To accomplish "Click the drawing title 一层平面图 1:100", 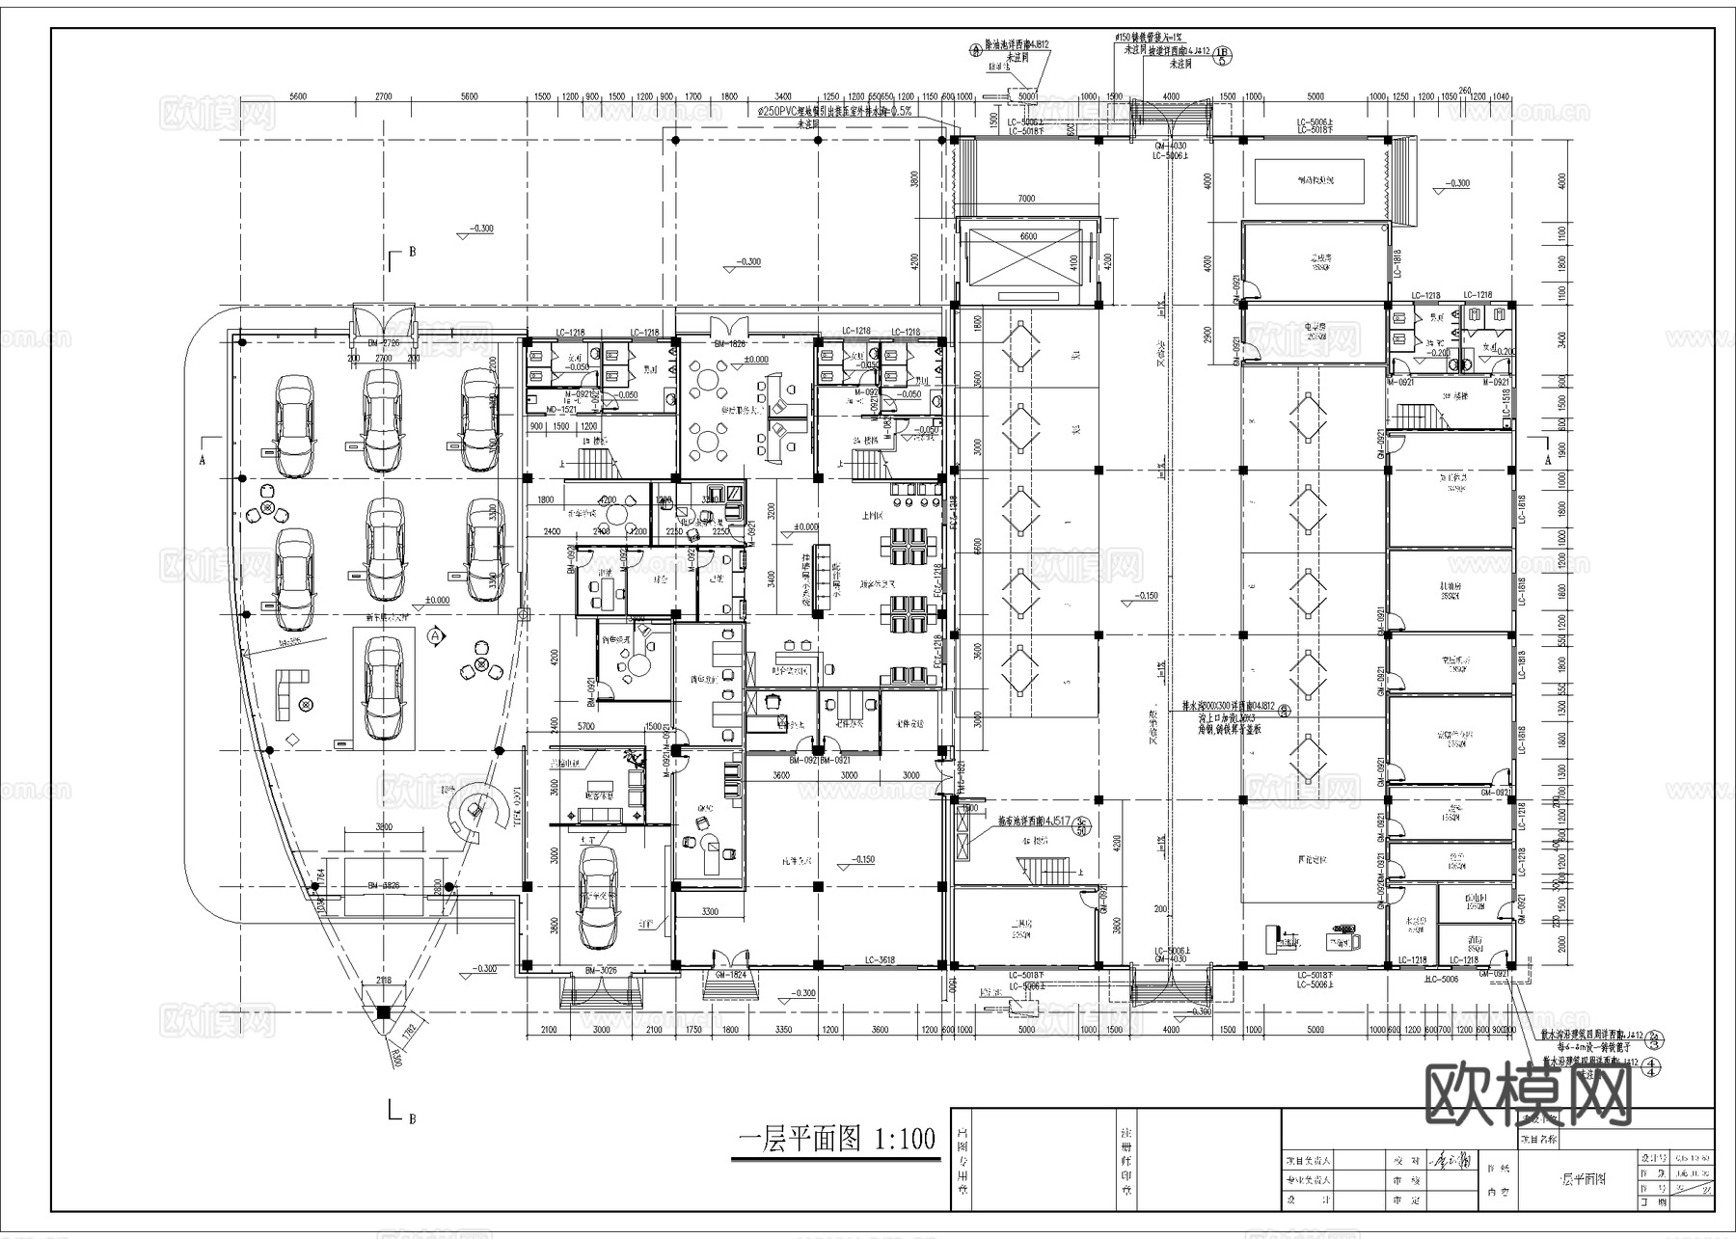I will pyautogui.click(x=836, y=1140).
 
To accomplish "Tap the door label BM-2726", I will pyautogui.click(x=383, y=342).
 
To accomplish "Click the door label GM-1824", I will pyautogui.click(x=729, y=976).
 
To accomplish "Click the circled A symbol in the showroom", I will pyautogui.click(x=435, y=636).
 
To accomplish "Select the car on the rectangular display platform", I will pyautogui.click(x=384, y=684).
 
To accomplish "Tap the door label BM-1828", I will pyautogui.click(x=730, y=343).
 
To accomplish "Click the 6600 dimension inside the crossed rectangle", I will pyautogui.click(x=1028, y=236).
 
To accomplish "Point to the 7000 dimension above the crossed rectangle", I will pyautogui.click(x=1025, y=199).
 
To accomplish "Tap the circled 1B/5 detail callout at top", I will pyautogui.click(x=1222, y=54).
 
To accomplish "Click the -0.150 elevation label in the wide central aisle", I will pyautogui.click(x=1145, y=597).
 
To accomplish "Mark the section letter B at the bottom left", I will pyautogui.click(x=412, y=1118).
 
